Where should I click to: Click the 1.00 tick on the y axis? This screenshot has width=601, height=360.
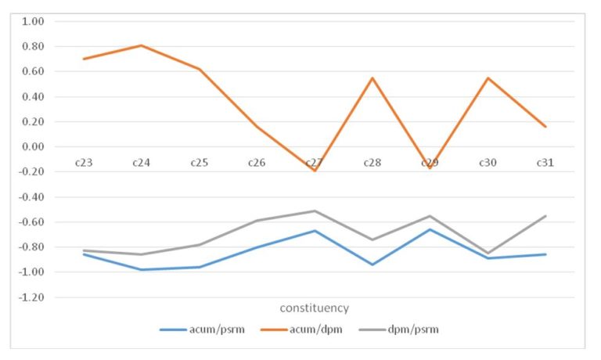coord(33,21)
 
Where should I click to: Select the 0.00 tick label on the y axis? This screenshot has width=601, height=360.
coord(33,147)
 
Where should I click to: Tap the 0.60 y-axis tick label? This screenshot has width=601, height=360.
coord(33,72)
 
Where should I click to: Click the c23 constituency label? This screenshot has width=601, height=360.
coord(83,163)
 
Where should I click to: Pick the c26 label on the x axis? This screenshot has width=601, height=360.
coord(257,163)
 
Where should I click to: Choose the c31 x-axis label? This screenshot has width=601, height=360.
coord(545,163)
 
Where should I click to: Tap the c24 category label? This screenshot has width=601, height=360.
coord(141,163)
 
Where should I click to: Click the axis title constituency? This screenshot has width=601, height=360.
coord(315,308)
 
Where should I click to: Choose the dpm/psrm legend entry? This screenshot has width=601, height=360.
coord(414,329)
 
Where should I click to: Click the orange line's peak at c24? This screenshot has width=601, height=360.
coord(141,45)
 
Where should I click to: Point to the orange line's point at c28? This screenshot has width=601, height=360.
coord(372,78)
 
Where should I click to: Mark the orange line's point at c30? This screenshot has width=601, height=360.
coord(488,78)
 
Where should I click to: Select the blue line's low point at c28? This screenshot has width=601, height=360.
coord(372,265)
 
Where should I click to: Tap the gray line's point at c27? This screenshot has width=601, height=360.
coord(314,211)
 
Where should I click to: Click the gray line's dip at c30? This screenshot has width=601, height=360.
coord(488,254)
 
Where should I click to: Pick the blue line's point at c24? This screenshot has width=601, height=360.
coord(141,270)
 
